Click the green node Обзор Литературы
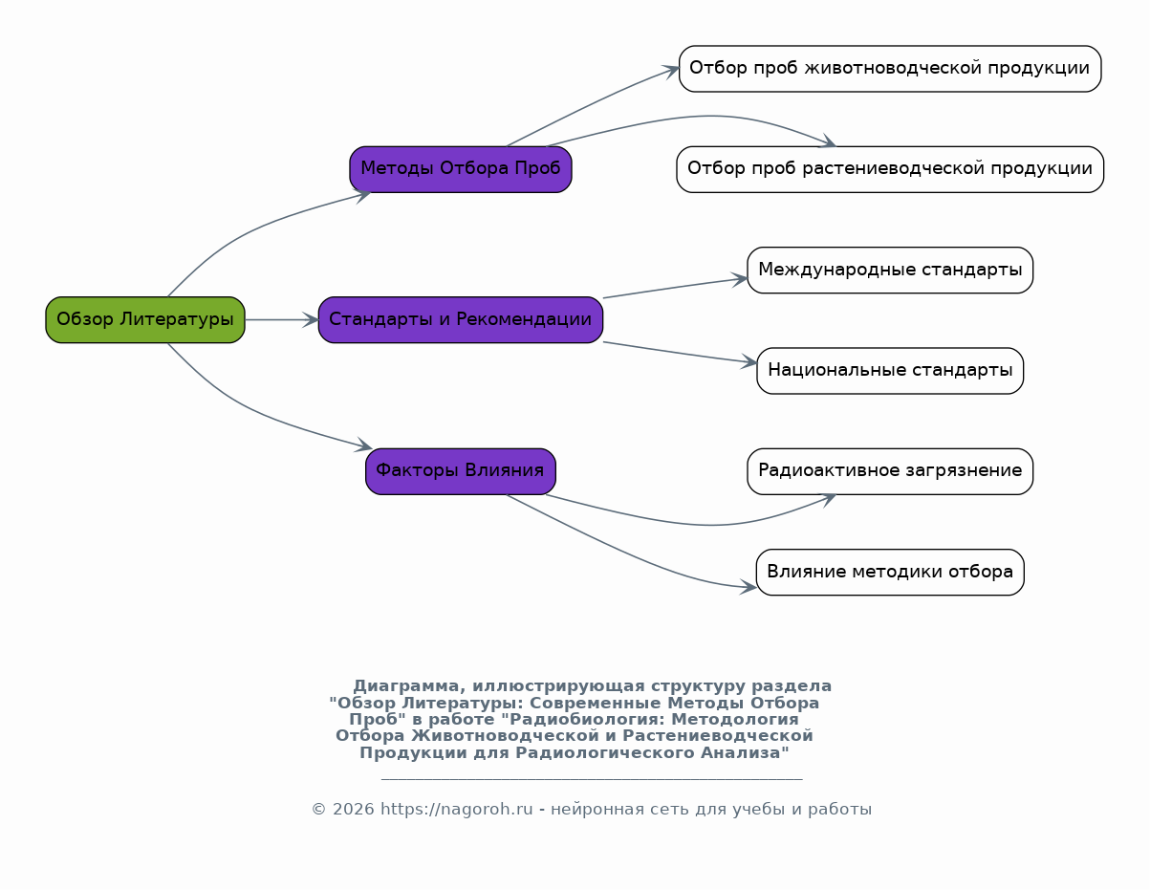click(145, 319)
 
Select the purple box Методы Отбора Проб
click(461, 169)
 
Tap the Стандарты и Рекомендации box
click(461, 319)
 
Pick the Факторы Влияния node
click(460, 470)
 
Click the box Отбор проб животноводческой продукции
click(890, 69)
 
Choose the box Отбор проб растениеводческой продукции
click(890, 169)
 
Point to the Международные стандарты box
click(890, 270)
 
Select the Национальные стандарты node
click(890, 370)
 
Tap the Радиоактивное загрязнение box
click(890, 470)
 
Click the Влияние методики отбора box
click(890, 572)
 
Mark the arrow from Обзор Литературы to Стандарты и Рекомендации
click(281, 319)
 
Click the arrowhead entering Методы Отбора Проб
click(362, 195)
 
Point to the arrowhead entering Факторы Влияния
click(363, 445)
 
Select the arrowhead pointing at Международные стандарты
click(740, 279)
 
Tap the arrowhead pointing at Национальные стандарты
click(749, 362)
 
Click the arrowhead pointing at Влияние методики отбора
click(748, 587)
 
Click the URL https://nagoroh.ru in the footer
click(456, 810)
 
